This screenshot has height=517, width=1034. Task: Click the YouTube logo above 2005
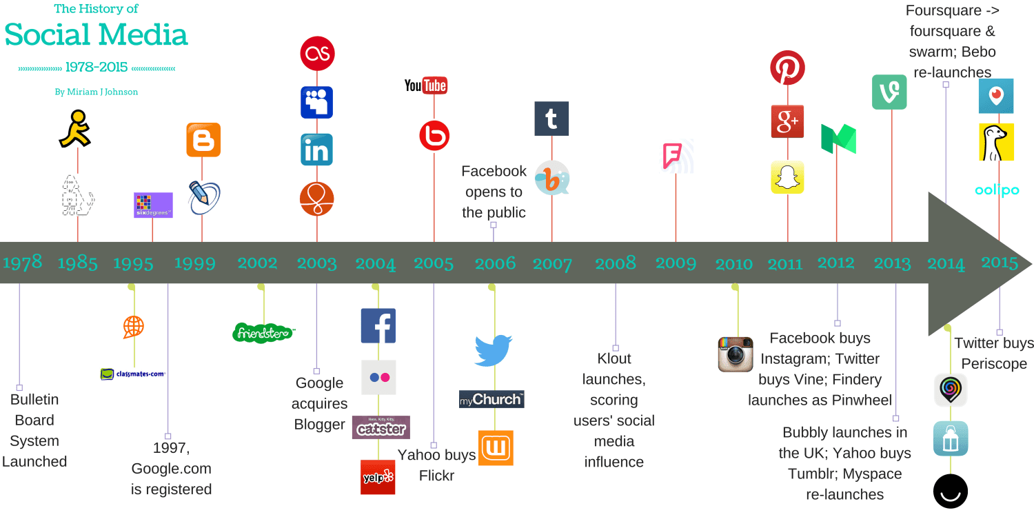[x=425, y=85]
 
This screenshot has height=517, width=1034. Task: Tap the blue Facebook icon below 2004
[x=378, y=325]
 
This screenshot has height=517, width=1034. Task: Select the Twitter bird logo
[x=493, y=350]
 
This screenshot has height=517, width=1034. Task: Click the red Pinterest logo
[x=787, y=68]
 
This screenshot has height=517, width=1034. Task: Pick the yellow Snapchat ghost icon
[x=787, y=177]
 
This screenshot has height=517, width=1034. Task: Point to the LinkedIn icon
[x=316, y=150]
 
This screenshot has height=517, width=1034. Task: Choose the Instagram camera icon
[x=736, y=354]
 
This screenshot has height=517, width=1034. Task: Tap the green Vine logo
[x=889, y=92]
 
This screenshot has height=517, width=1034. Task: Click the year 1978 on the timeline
[x=23, y=263]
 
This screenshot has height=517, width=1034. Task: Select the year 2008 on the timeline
[x=615, y=263]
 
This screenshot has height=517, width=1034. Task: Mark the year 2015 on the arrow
[x=1000, y=262]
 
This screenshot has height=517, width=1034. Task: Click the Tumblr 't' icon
[x=551, y=119]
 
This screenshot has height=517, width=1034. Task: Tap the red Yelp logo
[x=378, y=477]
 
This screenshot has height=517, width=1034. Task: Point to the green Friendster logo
[x=263, y=332]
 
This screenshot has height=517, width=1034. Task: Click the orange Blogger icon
[x=203, y=140]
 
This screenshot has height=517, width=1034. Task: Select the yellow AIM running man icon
[x=75, y=129]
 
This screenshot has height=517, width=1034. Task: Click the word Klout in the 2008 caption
[x=614, y=358]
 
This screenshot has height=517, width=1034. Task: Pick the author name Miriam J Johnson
[x=97, y=92]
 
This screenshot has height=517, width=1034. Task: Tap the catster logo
[x=381, y=427]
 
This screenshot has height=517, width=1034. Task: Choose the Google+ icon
[x=787, y=122]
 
